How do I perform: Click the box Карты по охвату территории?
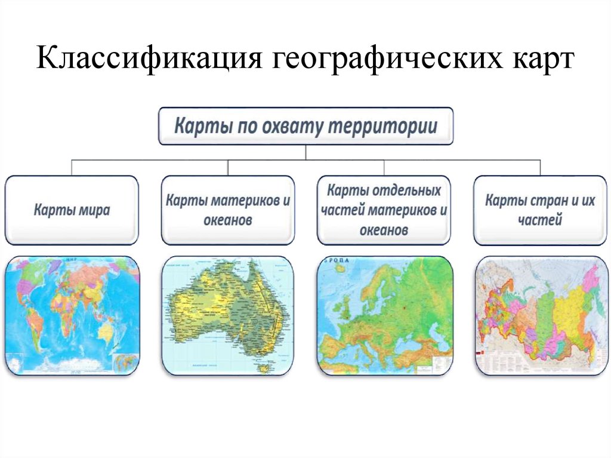coord(305,126)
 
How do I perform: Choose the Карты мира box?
coord(72,210)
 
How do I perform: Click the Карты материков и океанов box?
coord(227,210)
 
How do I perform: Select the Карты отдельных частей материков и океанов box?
coord(384,210)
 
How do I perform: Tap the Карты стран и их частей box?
coord(540,210)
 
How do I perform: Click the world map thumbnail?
coord(72,315)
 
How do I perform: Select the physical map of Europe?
coord(384,315)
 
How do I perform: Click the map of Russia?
coord(540,315)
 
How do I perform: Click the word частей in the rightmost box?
coord(540,220)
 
